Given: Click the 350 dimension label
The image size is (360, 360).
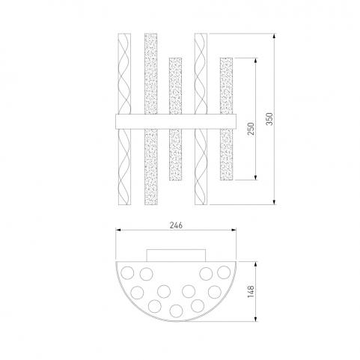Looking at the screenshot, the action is pos(270,119).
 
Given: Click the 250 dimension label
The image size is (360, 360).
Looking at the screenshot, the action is pos(251,129).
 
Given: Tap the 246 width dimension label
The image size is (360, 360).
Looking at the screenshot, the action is pos(176,225).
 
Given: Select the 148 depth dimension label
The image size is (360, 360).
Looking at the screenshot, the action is pos(251,292).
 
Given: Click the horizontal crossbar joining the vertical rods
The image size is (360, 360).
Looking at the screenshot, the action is pos(176,121).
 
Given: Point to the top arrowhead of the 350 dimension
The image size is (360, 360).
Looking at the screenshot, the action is pos(275,36).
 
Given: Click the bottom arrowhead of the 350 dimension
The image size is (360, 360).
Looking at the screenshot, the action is pos(275,202).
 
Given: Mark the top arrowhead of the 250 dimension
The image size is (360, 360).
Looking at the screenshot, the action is pos(255,61).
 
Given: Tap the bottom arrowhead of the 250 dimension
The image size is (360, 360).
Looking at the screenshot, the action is pos(255,177).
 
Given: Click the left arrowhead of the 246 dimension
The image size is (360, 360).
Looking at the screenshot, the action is pos(118,230).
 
